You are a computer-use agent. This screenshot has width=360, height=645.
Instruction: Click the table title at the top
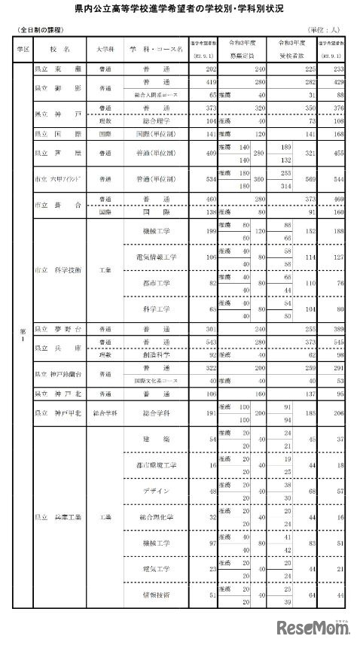pyautogui.click(x=179, y=13)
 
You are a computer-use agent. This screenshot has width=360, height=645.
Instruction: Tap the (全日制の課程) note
pyautogui.click(x=40, y=29)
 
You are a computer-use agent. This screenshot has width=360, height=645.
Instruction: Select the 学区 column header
pyautogui.click(x=22, y=47)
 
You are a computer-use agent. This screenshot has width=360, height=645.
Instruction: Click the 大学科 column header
pyautogui.click(x=105, y=47)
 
